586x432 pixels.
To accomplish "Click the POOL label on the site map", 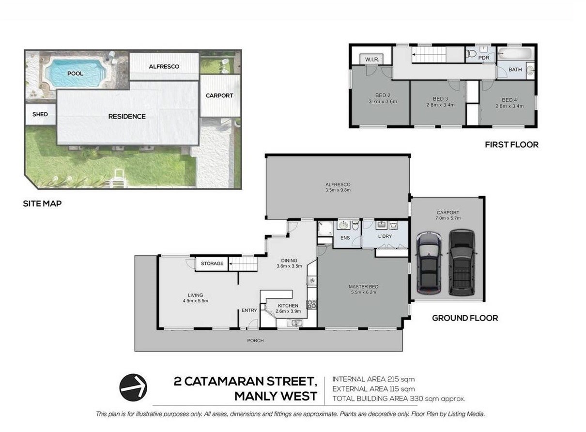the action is (x=75, y=74).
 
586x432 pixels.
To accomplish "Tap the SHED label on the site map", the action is (x=40, y=114).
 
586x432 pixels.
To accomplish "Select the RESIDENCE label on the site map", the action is (x=127, y=116).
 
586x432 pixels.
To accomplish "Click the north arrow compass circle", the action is (x=133, y=387).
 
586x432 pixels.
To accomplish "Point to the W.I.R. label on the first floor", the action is (x=372, y=60).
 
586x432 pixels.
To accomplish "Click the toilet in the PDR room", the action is (x=471, y=54).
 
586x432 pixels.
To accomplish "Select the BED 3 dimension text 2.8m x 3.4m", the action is (x=440, y=105).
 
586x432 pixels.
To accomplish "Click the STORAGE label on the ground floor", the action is (x=212, y=263).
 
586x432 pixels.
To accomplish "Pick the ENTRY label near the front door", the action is (x=249, y=310).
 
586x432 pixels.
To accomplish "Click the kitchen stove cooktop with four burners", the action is (x=312, y=304).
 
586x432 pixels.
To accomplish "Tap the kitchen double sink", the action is (x=295, y=323).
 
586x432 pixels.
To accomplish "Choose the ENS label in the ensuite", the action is (x=345, y=238).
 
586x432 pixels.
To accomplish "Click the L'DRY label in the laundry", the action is (x=385, y=236).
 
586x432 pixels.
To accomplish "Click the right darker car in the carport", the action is (x=462, y=262).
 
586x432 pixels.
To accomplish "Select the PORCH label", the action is (x=256, y=340).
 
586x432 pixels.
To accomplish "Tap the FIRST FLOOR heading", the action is (x=512, y=145).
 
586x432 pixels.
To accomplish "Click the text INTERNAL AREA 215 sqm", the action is (x=373, y=379).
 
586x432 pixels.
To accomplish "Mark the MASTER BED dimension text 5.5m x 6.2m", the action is (x=364, y=292).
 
